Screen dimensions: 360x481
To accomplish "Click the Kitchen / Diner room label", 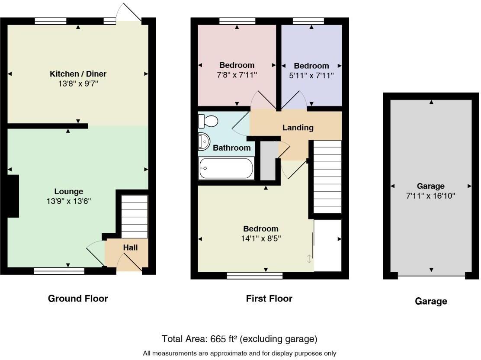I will click(78, 74).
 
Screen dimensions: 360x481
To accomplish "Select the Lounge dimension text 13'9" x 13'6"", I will click(69, 201).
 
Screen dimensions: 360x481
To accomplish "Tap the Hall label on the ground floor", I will click(130, 247).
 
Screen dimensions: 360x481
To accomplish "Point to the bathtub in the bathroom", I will click(226, 168).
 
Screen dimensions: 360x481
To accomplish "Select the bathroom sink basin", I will click(203, 140).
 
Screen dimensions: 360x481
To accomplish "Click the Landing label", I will click(298, 128).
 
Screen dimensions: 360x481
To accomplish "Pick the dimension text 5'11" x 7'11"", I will click(311, 75).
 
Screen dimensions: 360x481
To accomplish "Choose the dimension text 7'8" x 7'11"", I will click(237, 75).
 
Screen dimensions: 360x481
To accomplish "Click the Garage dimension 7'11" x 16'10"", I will click(430, 196).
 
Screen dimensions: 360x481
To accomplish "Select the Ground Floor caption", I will click(78, 298).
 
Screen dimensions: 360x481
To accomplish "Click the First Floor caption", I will click(269, 298).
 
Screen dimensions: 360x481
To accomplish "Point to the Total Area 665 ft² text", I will click(240, 338).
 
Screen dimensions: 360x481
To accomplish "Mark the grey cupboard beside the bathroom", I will click(268, 160).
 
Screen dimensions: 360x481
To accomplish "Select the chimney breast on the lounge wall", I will click(13, 196).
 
